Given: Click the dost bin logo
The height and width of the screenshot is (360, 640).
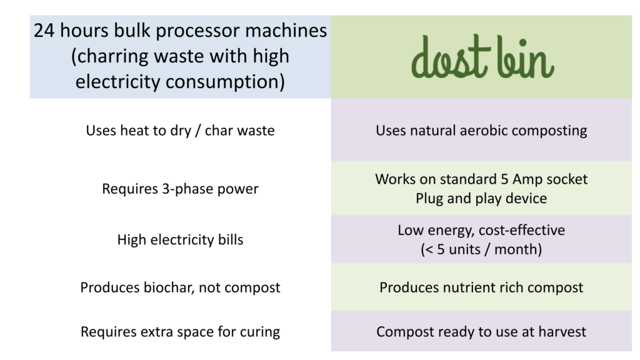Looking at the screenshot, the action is [x=482, y=57].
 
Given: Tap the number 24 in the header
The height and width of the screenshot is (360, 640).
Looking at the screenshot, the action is [x=44, y=31].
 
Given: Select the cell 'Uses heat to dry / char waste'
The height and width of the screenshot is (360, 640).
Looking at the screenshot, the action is [x=180, y=131].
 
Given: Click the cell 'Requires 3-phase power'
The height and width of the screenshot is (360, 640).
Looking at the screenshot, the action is [x=180, y=189].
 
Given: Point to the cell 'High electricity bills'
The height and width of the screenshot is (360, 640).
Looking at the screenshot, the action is [x=180, y=239].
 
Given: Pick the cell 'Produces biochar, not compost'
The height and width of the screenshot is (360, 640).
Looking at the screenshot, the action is [x=180, y=287].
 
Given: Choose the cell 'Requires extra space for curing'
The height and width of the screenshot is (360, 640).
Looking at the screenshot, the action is [x=180, y=332].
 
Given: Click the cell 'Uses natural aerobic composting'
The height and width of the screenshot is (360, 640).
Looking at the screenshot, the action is [x=481, y=131].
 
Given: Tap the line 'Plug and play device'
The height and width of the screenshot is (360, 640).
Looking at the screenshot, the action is [x=481, y=198].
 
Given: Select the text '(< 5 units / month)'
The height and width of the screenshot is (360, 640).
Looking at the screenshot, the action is [x=481, y=249].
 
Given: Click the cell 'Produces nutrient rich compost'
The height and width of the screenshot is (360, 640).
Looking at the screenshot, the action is [x=481, y=287].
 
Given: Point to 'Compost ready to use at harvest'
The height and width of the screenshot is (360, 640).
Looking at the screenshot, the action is [x=481, y=332].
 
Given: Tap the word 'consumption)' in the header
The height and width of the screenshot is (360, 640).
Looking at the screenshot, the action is [x=225, y=82].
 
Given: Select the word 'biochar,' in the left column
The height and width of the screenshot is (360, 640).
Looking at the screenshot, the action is [x=168, y=287].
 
